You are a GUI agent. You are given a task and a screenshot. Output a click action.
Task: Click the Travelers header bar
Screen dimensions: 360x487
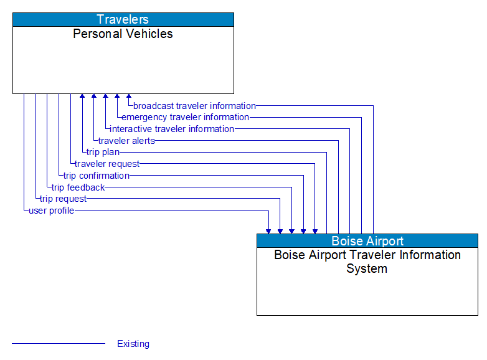click(123, 19)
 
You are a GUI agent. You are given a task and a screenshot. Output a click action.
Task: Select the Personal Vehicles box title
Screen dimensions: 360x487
click(123, 34)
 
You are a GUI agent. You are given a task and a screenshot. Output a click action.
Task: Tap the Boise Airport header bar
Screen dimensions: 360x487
click(367, 241)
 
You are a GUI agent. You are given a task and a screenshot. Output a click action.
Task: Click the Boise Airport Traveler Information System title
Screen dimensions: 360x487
click(367, 262)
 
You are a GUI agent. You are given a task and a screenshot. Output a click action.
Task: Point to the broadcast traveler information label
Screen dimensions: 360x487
click(194, 106)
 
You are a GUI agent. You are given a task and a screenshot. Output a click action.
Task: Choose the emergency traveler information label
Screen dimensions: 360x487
click(185, 117)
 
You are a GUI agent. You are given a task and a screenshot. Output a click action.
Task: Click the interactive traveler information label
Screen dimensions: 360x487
click(172, 129)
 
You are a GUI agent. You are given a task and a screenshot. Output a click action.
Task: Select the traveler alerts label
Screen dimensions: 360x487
click(126, 141)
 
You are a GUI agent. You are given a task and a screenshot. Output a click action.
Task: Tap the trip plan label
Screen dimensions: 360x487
click(103, 152)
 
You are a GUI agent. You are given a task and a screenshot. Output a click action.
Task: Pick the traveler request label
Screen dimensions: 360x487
click(107, 164)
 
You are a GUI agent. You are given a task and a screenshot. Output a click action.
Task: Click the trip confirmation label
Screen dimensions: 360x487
click(96, 176)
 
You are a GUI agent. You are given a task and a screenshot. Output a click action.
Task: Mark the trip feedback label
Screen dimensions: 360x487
click(78, 187)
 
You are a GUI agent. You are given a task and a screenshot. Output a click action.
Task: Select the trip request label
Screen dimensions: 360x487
click(63, 199)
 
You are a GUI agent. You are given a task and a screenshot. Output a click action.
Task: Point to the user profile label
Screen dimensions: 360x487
click(51, 211)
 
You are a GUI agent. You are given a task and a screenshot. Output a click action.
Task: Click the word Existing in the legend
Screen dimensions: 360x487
click(133, 344)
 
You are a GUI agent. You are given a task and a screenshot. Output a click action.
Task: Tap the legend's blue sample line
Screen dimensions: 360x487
click(59, 344)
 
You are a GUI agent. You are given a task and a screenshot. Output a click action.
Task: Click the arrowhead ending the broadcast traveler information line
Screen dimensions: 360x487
click(129, 97)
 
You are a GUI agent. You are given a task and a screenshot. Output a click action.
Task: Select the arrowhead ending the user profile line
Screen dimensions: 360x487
click(268, 230)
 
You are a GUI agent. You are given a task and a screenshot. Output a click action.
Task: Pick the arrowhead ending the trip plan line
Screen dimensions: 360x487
click(82, 97)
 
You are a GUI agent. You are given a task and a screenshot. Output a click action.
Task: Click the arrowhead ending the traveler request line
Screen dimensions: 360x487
click(315, 230)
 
